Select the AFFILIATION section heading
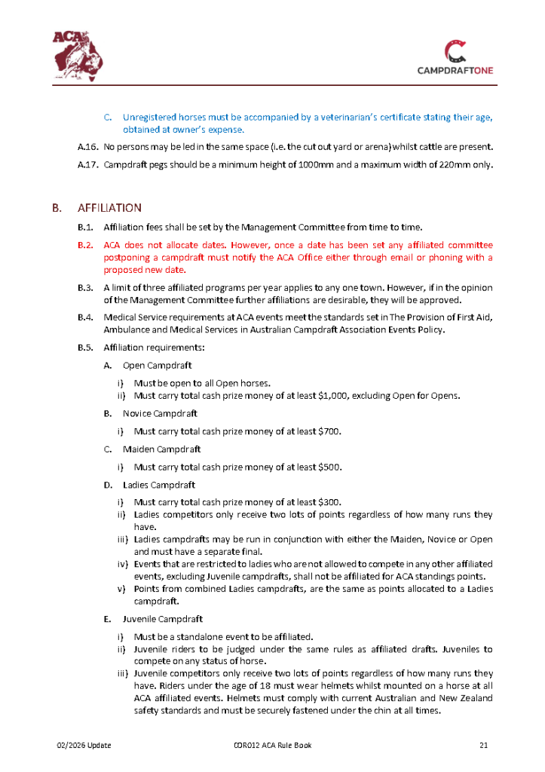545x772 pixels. [x=110, y=207]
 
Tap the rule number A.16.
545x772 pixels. [x=87, y=146]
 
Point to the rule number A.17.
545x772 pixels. [x=87, y=165]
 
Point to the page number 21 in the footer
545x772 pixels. [x=485, y=746]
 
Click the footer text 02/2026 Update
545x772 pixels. [x=84, y=746]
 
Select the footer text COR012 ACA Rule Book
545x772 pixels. [x=272, y=746]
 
